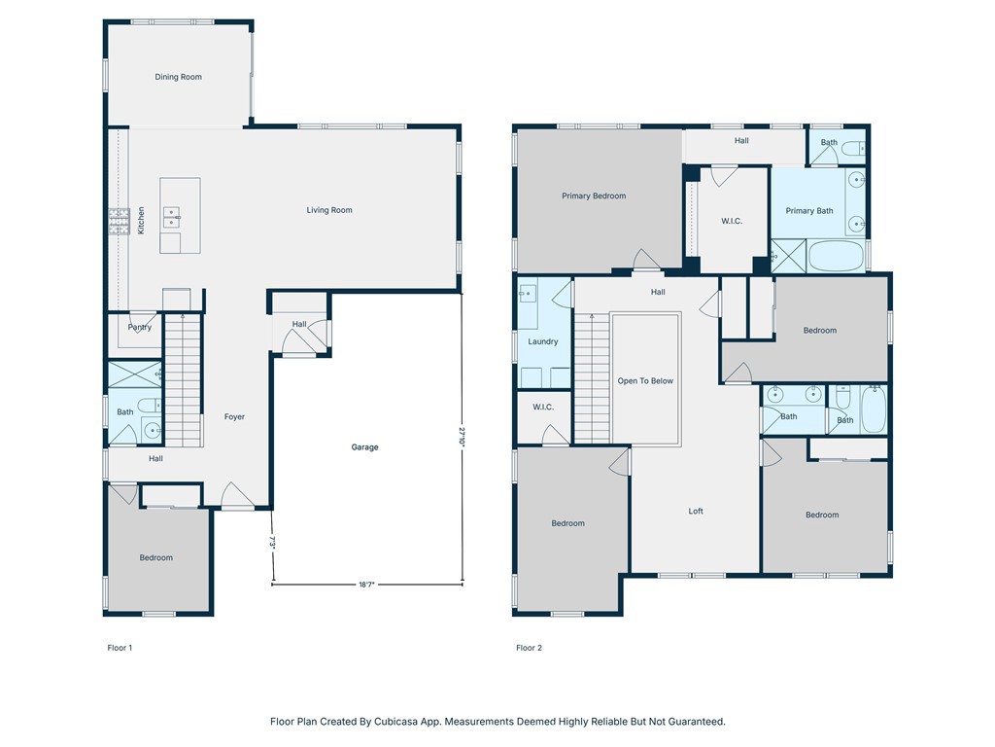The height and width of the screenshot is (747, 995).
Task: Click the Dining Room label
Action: [179, 77]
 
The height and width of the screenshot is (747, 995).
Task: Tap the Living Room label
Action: [329, 210]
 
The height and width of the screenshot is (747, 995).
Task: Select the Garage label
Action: [365, 447]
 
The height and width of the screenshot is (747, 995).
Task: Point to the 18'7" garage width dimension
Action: [366, 585]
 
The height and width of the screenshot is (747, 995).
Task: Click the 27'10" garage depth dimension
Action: [462, 438]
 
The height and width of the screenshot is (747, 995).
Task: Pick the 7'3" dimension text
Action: [272, 543]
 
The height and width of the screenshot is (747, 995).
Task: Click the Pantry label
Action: [140, 327]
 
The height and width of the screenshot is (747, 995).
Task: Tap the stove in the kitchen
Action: [119, 221]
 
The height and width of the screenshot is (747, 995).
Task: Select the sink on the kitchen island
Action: [171, 217]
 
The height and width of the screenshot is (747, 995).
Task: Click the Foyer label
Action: [234, 416]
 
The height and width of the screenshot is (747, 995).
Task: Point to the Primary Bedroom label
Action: [594, 196]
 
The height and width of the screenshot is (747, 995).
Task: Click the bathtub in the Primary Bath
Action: [837, 256]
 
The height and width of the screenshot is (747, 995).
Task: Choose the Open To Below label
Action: [645, 381]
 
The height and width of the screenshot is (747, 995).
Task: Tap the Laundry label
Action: [543, 341]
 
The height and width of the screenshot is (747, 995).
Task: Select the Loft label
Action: [696, 511]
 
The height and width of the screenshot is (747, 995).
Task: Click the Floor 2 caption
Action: [530, 648]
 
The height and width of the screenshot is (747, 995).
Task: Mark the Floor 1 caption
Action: [120, 648]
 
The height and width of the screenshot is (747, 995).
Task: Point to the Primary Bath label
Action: [809, 211]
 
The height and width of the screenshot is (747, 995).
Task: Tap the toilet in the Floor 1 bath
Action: [150, 405]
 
